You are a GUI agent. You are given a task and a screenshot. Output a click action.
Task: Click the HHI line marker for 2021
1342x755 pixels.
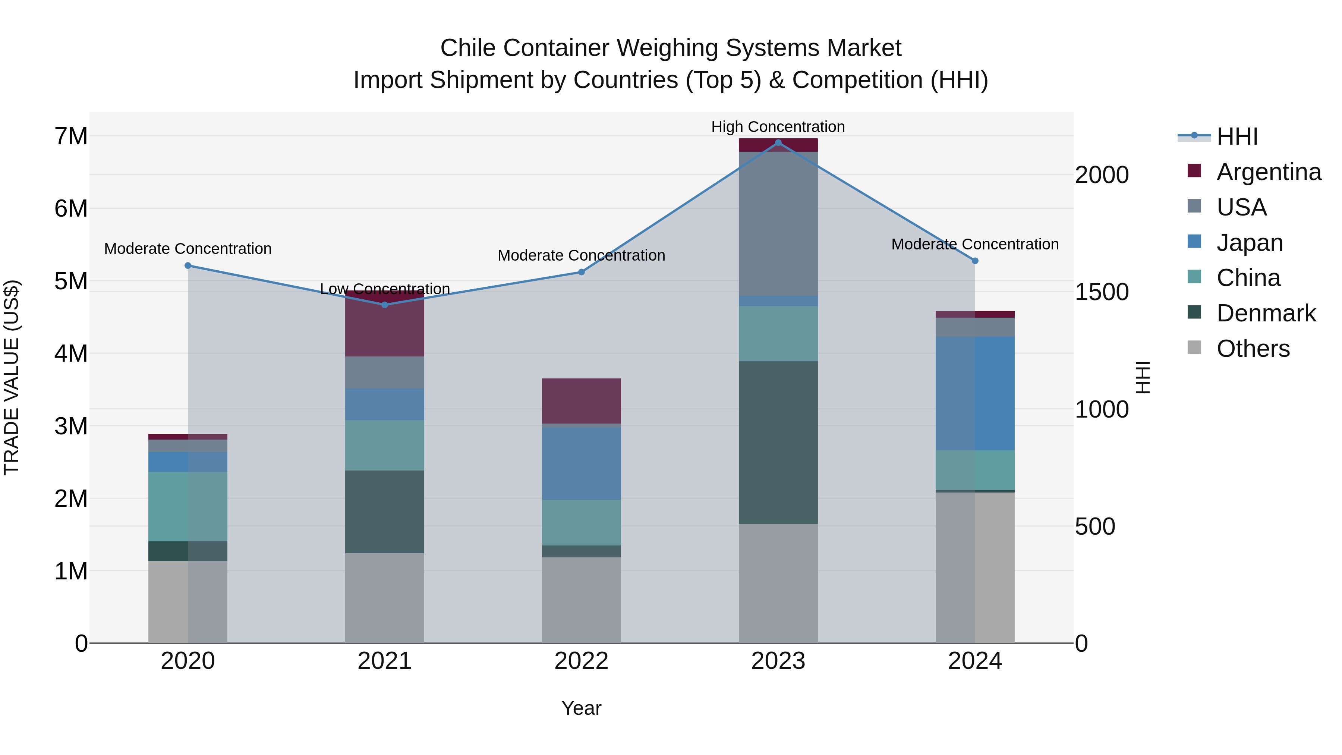click(x=384, y=305)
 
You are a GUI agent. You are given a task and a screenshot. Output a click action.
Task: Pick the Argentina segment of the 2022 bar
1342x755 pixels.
click(x=582, y=401)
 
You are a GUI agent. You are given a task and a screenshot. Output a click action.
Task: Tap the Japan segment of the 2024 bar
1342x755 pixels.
click(x=975, y=393)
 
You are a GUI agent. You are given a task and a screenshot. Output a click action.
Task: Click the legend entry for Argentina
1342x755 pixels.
click(x=1269, y=172)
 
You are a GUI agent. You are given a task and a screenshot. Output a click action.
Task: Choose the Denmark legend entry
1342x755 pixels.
click(x=1266, y=313)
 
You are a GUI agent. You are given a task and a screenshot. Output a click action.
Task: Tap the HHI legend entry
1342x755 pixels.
click(x=1237, y=136)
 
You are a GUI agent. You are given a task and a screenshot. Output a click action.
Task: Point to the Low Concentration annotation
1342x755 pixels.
click(x=384, y=289)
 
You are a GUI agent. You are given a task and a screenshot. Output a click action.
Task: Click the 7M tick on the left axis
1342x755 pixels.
click(x=71, y=136)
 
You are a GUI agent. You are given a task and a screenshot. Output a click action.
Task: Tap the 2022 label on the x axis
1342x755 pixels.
click(x=582, y=661)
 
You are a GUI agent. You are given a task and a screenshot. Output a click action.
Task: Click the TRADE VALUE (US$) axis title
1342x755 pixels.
click(x=12, y=377)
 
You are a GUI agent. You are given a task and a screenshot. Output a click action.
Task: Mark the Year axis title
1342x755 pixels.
click(x=582, y=708)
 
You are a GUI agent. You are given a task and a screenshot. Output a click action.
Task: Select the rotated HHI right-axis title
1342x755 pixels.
click(x=1143, y=377)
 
